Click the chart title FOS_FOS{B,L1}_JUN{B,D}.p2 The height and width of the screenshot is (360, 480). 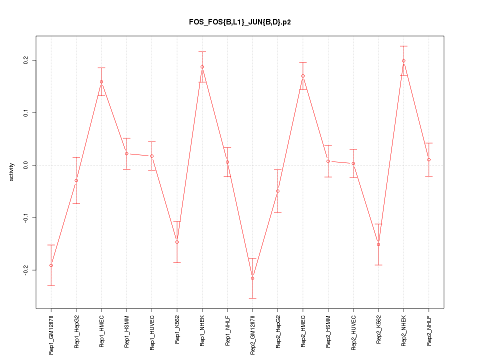coord(240,22)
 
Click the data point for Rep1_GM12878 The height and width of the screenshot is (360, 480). coord(51,265)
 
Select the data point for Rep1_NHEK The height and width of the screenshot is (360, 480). coord(202,67)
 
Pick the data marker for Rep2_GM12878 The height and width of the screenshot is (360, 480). coord(252,278)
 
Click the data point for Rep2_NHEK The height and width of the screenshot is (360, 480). coord(403,61)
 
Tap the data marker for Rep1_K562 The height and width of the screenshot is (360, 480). coord(177,242)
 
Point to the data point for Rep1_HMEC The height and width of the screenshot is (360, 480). coord(101,82)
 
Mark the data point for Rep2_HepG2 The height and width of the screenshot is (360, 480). coord(277,191)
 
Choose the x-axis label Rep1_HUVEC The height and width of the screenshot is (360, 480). coord(152,332)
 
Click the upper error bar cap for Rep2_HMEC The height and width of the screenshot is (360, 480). coord(303,62)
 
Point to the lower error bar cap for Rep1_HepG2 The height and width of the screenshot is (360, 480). coord(76,203)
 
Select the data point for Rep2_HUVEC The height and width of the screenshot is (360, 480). coord(353,163)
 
